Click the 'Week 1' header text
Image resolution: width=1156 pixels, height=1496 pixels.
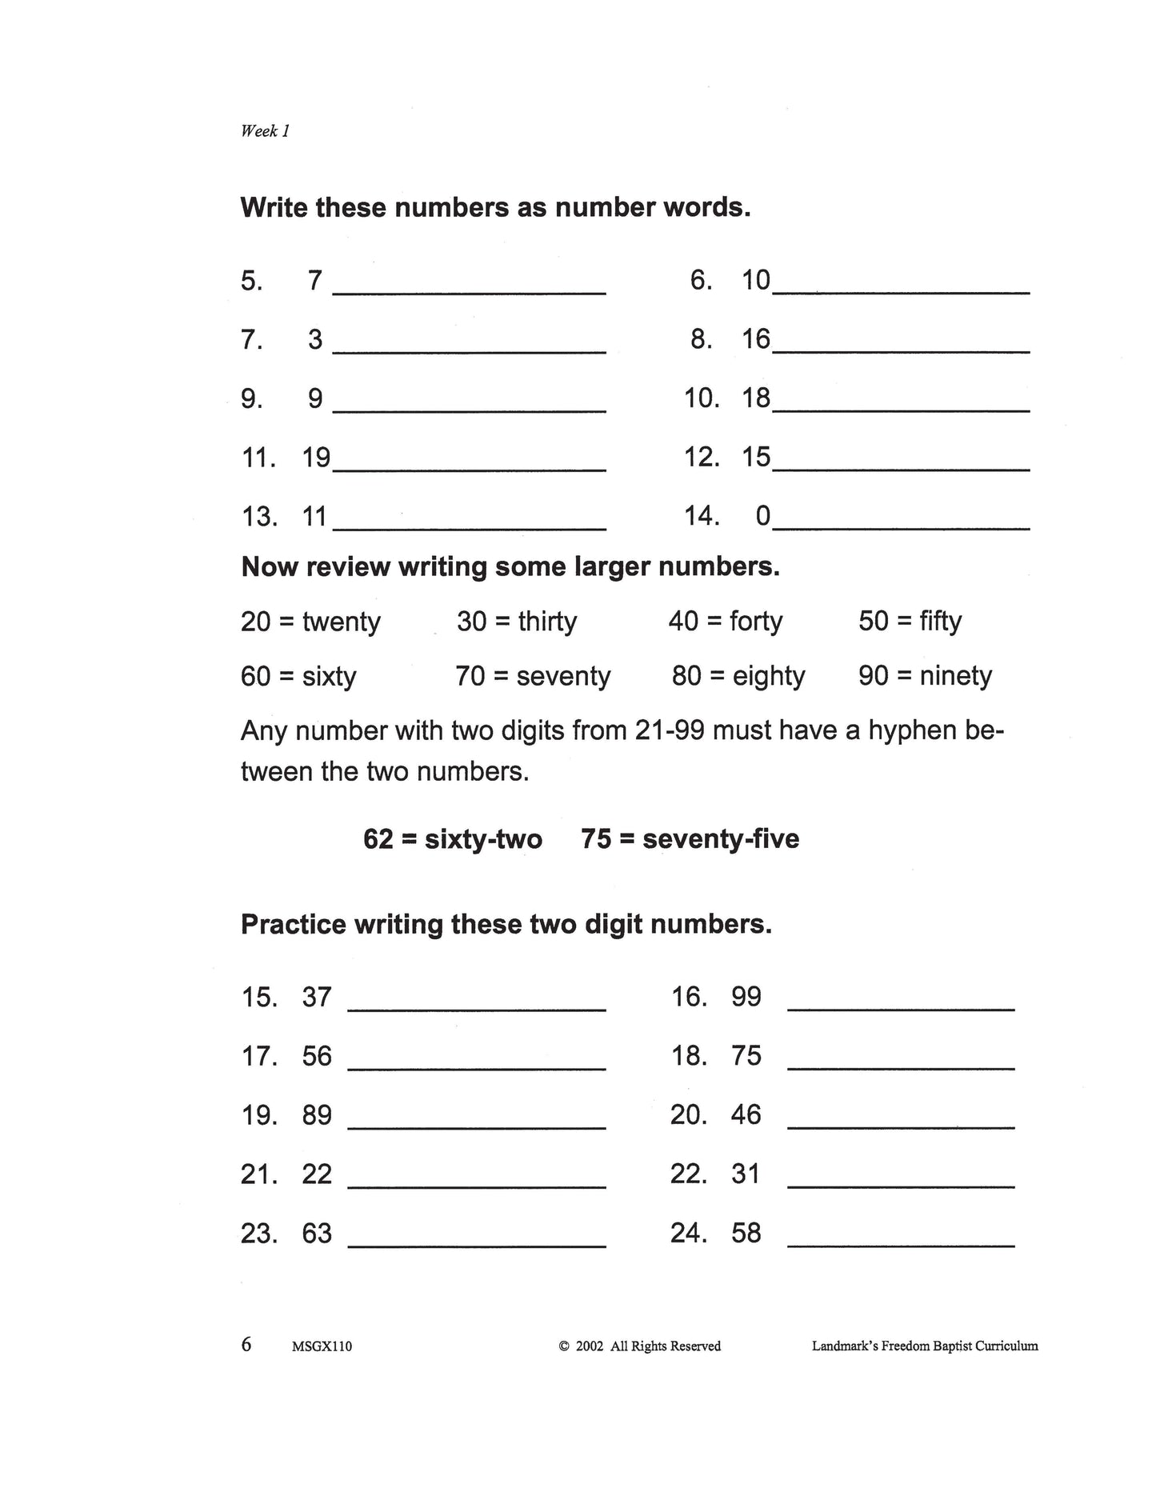(x=265, y=131)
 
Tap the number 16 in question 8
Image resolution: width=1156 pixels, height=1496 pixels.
(x=755, y=339)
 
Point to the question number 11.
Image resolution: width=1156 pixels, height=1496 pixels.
(x=258, y=458)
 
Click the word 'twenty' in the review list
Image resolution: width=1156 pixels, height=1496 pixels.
(x=342, y=622)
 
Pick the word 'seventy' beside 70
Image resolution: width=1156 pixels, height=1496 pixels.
(x=563, y=677)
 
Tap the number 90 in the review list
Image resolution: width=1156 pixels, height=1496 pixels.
(x=874, y=676)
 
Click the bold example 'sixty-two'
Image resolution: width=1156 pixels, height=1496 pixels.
(x=483, y=839)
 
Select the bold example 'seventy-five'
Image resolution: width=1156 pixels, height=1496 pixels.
(x=721, y=839)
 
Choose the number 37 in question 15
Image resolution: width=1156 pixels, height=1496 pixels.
(x=317, y=997)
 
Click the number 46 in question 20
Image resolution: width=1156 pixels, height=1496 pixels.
(x=746, y=1114)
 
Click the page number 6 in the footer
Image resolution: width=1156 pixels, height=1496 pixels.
(x=246, y=1344)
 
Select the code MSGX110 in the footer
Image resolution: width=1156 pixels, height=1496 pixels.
(x=322, y=1346)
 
